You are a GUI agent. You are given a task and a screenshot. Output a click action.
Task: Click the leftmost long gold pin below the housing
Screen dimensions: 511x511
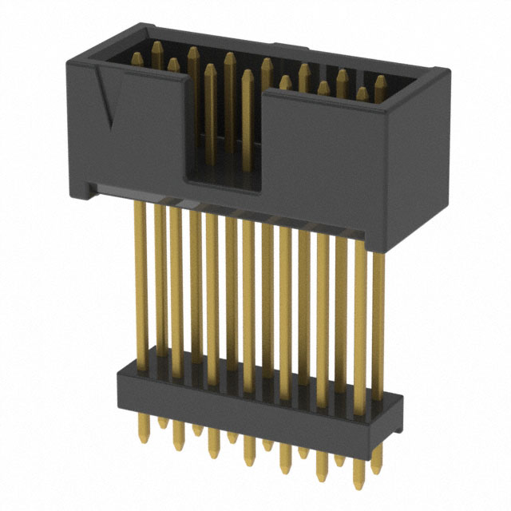pyautogui.click(x=141, y=279)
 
